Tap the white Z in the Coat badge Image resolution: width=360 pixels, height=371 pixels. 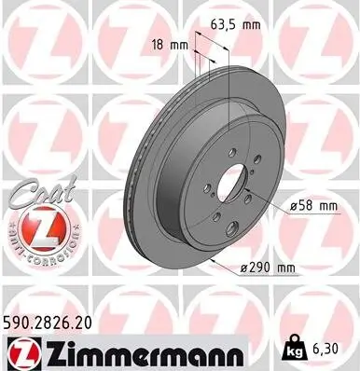point(42,227)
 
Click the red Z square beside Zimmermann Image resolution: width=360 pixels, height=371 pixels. point(20,350)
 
